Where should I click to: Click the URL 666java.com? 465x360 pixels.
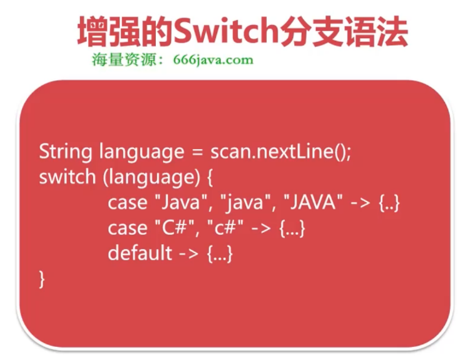pos(213,60)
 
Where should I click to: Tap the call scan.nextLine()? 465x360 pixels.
pos(280,152)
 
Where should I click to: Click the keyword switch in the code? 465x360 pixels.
pos(66,177)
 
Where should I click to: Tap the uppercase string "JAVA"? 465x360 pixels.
pos(312,202)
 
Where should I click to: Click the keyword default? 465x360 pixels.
pos(140,253)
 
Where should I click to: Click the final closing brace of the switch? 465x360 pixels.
pos(43,279)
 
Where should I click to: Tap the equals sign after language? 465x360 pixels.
pos(197,153)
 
